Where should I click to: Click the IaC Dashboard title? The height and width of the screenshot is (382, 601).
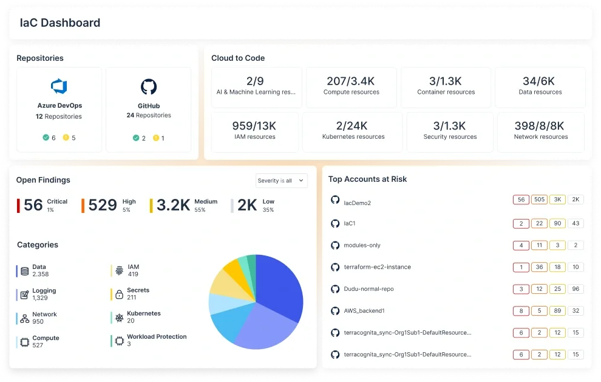(x=59, y=23)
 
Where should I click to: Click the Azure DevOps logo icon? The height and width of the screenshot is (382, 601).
(x=59, y=86)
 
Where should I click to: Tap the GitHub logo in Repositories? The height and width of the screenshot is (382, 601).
(x=149, y=86)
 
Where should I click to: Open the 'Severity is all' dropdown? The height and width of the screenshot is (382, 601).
(x=282, y=181)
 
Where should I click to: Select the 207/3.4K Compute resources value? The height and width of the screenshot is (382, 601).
(x=351, y=81)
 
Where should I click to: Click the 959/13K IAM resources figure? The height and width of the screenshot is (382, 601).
(x=254, y=126)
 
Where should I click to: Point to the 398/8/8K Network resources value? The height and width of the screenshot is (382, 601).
(x=540, y=126)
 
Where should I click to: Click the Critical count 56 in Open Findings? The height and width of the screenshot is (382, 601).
(x=33, y=205)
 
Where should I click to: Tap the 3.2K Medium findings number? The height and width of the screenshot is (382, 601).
(x=173, y=205)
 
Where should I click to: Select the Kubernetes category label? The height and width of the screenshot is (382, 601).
(x=144, y=314)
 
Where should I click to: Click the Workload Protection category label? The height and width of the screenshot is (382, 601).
(x=157, y=336)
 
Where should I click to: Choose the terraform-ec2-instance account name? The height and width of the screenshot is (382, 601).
(x=377, y=267)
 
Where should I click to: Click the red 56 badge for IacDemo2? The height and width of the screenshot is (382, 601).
(x=521, y=200)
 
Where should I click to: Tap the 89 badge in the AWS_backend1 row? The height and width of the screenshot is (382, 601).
(x=557, y=311)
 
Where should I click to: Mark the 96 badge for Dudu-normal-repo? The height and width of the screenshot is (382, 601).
(x=576, y=289)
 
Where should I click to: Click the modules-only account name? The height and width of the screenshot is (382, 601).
(x=362, y=245)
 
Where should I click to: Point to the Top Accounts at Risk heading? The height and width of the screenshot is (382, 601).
(x=367, y=179)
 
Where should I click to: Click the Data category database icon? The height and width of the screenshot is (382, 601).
(x=25, y=271)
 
